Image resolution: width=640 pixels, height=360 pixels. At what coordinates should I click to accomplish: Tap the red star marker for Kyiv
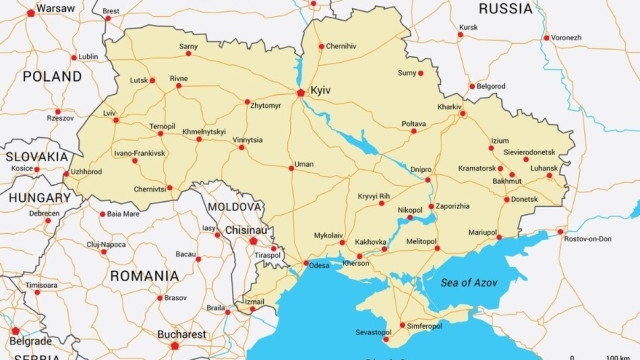tap(301, 93)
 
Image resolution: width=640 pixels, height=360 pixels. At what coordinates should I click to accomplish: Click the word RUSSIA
tap(506, 9)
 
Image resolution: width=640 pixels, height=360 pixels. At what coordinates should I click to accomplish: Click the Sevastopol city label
tap(373, 331)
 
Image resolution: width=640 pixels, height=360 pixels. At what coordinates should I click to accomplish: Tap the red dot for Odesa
tap(306, 264)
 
